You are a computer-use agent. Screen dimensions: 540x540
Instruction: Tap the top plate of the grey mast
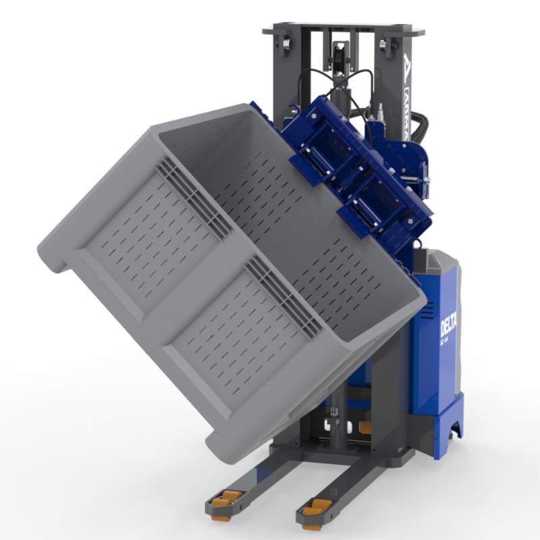tap(344, 30)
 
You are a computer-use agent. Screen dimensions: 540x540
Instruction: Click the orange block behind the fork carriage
tap(365, 427)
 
